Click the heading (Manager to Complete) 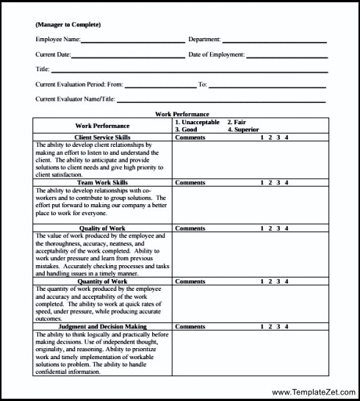click(x=68, y=25)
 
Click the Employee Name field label click(x=57, y=40)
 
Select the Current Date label click(x=53, y=54)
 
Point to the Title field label click(x=42, y=69)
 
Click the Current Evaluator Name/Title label click(x=75, y=98)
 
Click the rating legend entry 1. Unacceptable click(x=198, y=122)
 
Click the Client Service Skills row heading click(x=102, y=137)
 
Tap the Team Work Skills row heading click(x=102, y=182)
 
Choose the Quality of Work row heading click(x=102, y=228)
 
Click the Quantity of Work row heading click(x=102, y=281)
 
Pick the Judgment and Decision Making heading click(x=102, y=326)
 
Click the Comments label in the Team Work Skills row click(x=190, y=182)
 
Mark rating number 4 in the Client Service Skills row click(x=287, y=137)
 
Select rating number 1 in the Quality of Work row click(x=262, y=228)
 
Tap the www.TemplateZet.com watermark click(x=314, y=392)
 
